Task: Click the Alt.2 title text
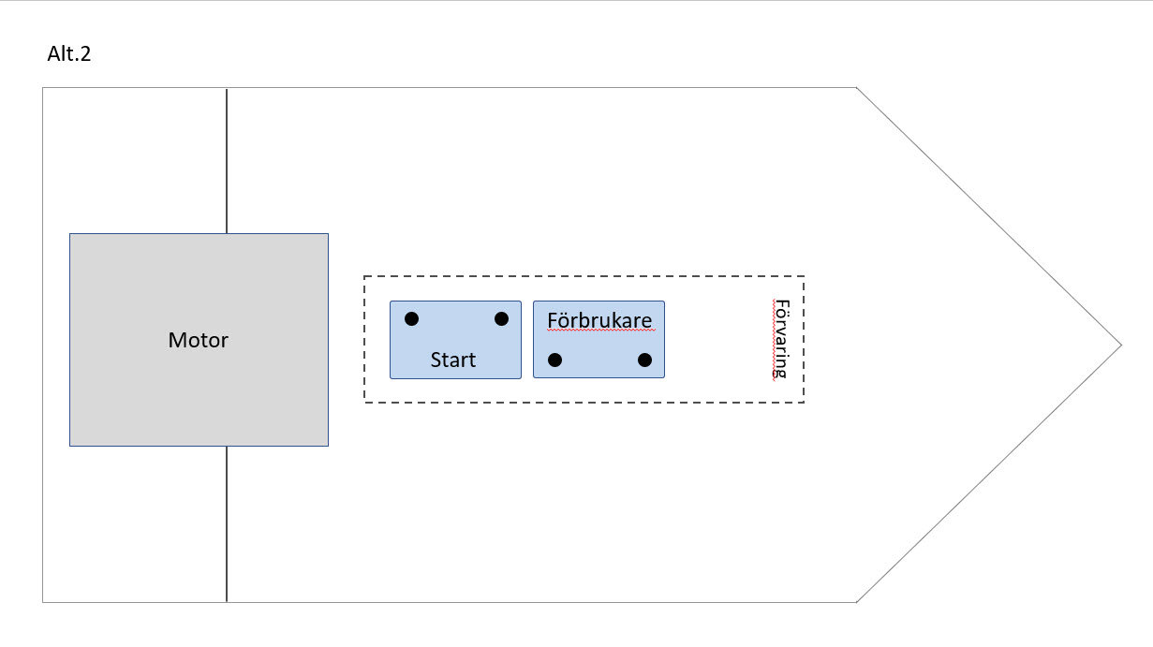click(x=68, y=54)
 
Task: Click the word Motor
click(x=198, y=340)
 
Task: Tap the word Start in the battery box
click(x=453, y=360)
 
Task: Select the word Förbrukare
click(x=599, y=320)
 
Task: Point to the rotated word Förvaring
click(x=780, y=339)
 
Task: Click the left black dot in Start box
click(x=411, y=319)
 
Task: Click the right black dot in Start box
click(x=501, y=319)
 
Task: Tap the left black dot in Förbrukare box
click(x=554, y=360)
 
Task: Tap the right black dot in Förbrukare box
click(x=644, y=360)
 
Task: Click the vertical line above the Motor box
click(x=227, y=159)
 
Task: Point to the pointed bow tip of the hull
click(x=1120, y=345)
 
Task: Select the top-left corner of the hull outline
click(x=43, y=88)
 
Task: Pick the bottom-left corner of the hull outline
click(x=43, y=601)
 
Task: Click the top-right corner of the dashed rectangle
click(x=804, y=276)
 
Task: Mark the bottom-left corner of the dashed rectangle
click(x=364, y=403)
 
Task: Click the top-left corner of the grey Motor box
click(x=70, y=234)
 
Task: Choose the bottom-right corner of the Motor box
click(x=328, y=445)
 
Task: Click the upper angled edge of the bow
click(x=988, y=216)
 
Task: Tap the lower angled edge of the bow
click(x=988, y=473)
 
